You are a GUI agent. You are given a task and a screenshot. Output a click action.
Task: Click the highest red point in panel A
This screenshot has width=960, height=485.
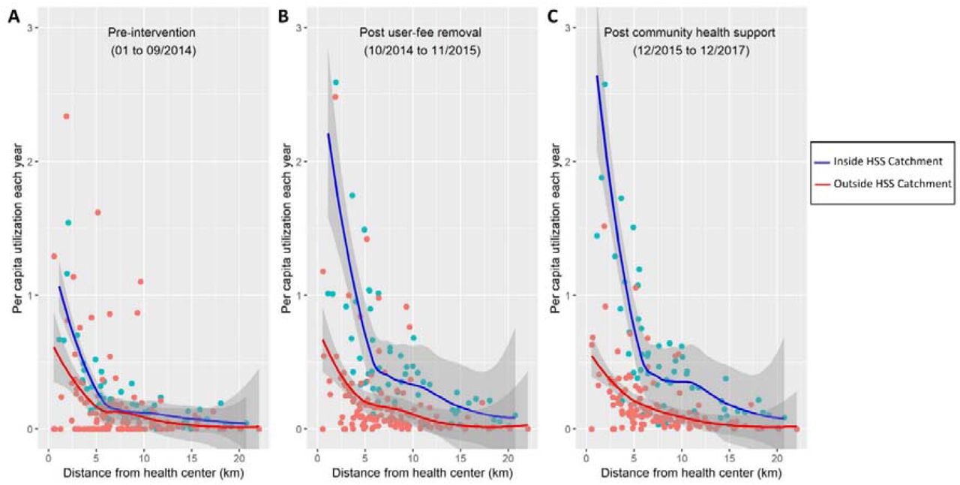point(66,116)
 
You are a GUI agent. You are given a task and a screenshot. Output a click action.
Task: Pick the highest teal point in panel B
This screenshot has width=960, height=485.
point(336,83)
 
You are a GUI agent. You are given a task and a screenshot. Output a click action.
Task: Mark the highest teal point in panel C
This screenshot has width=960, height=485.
point(604,85)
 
